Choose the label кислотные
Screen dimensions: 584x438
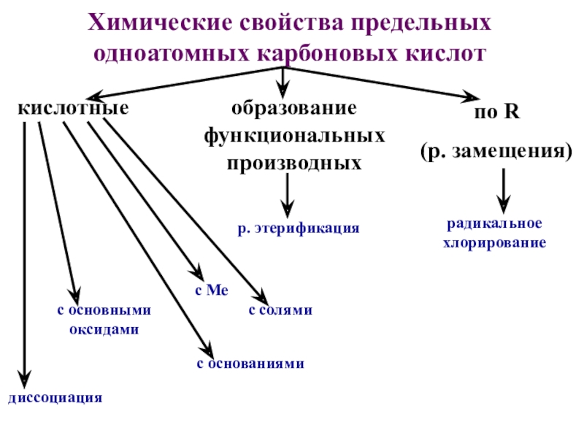coord(73,109)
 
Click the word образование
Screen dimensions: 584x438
coord(294,109)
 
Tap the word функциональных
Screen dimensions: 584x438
coord(294,136)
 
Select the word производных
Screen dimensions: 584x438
coord(294,162)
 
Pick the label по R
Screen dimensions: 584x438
coord(496,113)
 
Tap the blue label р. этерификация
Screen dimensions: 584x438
coord(299,228)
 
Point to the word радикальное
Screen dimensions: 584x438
coord(494,224)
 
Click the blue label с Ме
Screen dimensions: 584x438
coord(211,291)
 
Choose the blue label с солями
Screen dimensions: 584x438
coord(280,310)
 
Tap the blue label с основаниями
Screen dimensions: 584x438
coord(250,363)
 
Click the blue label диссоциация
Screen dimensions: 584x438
coord(55,399)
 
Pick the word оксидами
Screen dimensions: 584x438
coord(104,329)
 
